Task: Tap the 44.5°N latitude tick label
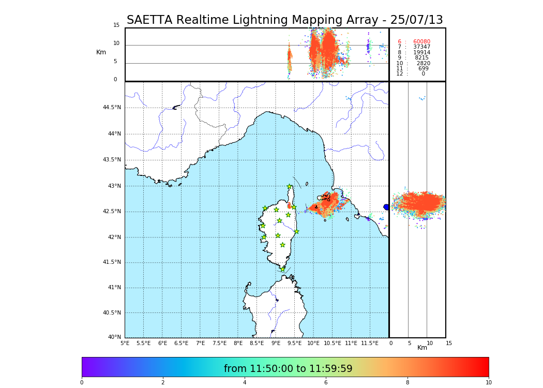point(112,108)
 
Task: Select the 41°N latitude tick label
point(114,288)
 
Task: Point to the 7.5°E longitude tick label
point(219,343)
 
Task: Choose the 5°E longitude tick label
point(125,343)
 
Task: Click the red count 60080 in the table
point(421,42)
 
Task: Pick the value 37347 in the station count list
point(421,47)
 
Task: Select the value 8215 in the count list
point(421,58)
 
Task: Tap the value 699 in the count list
point(423,69)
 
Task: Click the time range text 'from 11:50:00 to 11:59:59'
point(288,369)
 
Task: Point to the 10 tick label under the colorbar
point(488,383)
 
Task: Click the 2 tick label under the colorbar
point(163,383)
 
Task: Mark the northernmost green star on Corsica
point(290,187)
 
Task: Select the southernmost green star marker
point(283,269)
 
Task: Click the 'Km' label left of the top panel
point(101,52)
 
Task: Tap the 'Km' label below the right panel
point(423,348)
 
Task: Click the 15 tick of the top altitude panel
point(116,25)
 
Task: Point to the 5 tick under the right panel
point(409,343)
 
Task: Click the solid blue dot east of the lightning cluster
point(386,207)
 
